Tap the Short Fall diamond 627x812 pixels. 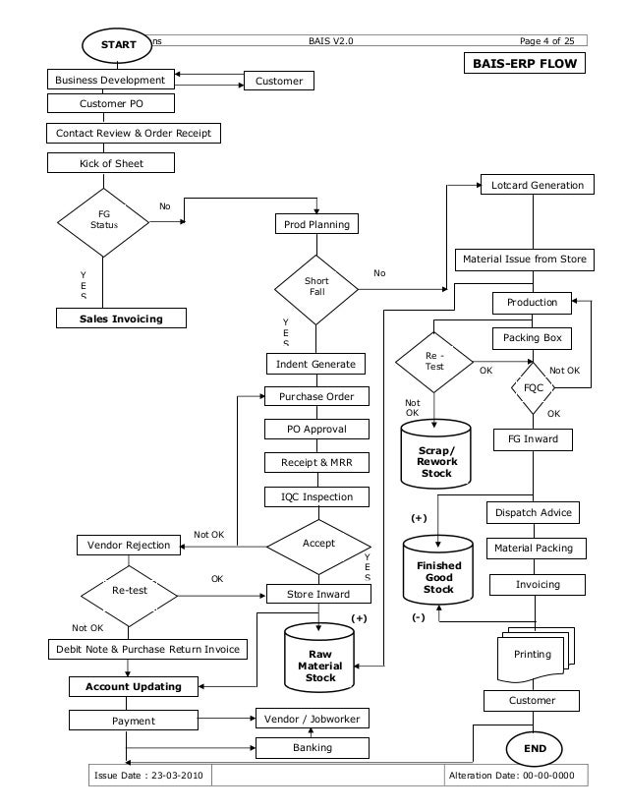316,287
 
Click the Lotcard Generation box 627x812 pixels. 536,185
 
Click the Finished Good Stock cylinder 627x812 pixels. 438,572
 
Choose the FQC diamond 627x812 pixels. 534,387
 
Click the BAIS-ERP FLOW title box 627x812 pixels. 527,64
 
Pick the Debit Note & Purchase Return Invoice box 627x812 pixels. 147,649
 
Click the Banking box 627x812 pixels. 312,748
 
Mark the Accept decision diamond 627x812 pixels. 318,544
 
